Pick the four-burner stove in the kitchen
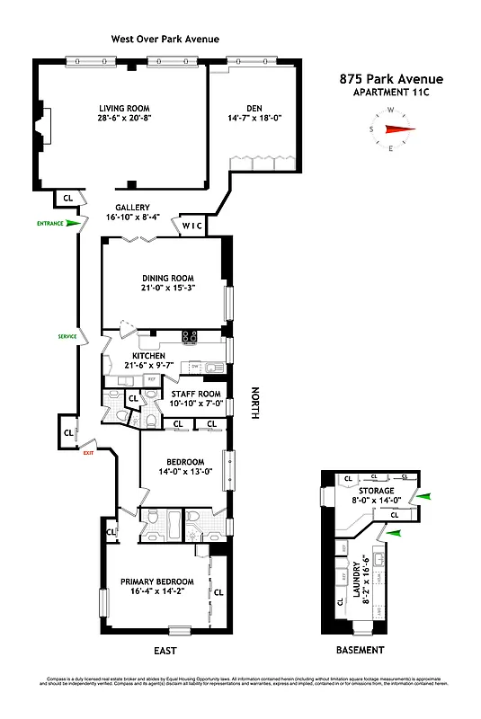190,337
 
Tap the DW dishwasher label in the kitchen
193,366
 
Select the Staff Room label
195,393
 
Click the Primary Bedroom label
157,581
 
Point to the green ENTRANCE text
50,223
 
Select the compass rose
392,129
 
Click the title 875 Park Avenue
390,79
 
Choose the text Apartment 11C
390,93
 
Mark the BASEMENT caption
359,650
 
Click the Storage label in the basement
376,491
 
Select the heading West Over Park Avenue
165,39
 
